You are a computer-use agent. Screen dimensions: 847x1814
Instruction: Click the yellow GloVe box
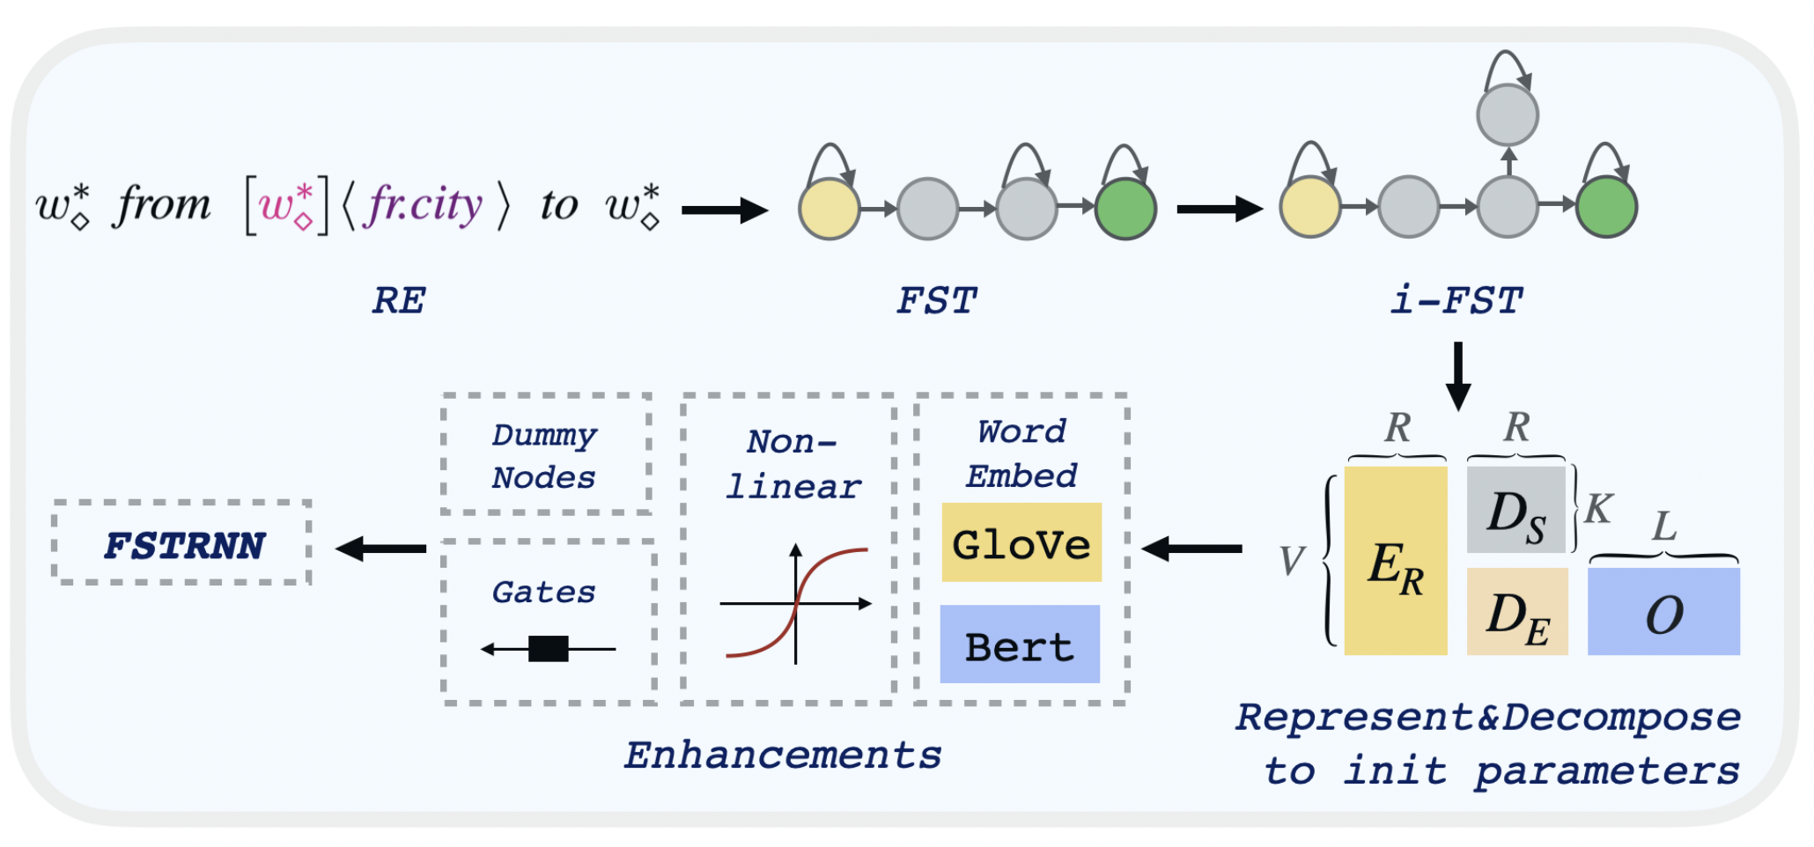[1021, 542]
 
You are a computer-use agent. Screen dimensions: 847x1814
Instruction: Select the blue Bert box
[1020, 644]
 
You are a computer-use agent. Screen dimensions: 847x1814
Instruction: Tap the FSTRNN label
[183, 545]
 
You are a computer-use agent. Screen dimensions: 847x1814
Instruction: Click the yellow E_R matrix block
[1395, 561]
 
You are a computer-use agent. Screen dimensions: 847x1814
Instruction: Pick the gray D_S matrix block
[1515, 510]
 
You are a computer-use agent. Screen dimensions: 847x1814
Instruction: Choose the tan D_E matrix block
[1516, 612]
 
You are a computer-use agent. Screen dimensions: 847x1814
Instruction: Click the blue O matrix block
[1663, 612]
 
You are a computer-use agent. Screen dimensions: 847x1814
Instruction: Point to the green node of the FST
[1125, 210]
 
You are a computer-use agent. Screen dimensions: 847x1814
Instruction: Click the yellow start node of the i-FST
[1309, 208]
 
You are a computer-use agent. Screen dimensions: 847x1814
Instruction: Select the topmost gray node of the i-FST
[1507, 115]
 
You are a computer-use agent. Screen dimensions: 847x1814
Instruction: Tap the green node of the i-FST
[1606, 208]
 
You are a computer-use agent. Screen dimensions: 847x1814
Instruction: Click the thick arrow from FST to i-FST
[1219, 210]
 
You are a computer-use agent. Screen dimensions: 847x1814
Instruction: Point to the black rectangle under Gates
[548, 649]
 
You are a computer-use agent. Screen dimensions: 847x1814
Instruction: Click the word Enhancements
[783, 755]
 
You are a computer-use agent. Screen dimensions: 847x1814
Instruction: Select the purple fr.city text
[424, 204]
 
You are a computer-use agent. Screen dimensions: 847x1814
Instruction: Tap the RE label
[399, 301]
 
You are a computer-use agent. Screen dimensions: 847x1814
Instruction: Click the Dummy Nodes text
[543, 455]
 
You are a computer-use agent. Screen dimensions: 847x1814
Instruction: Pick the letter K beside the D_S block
[1598, 509]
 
